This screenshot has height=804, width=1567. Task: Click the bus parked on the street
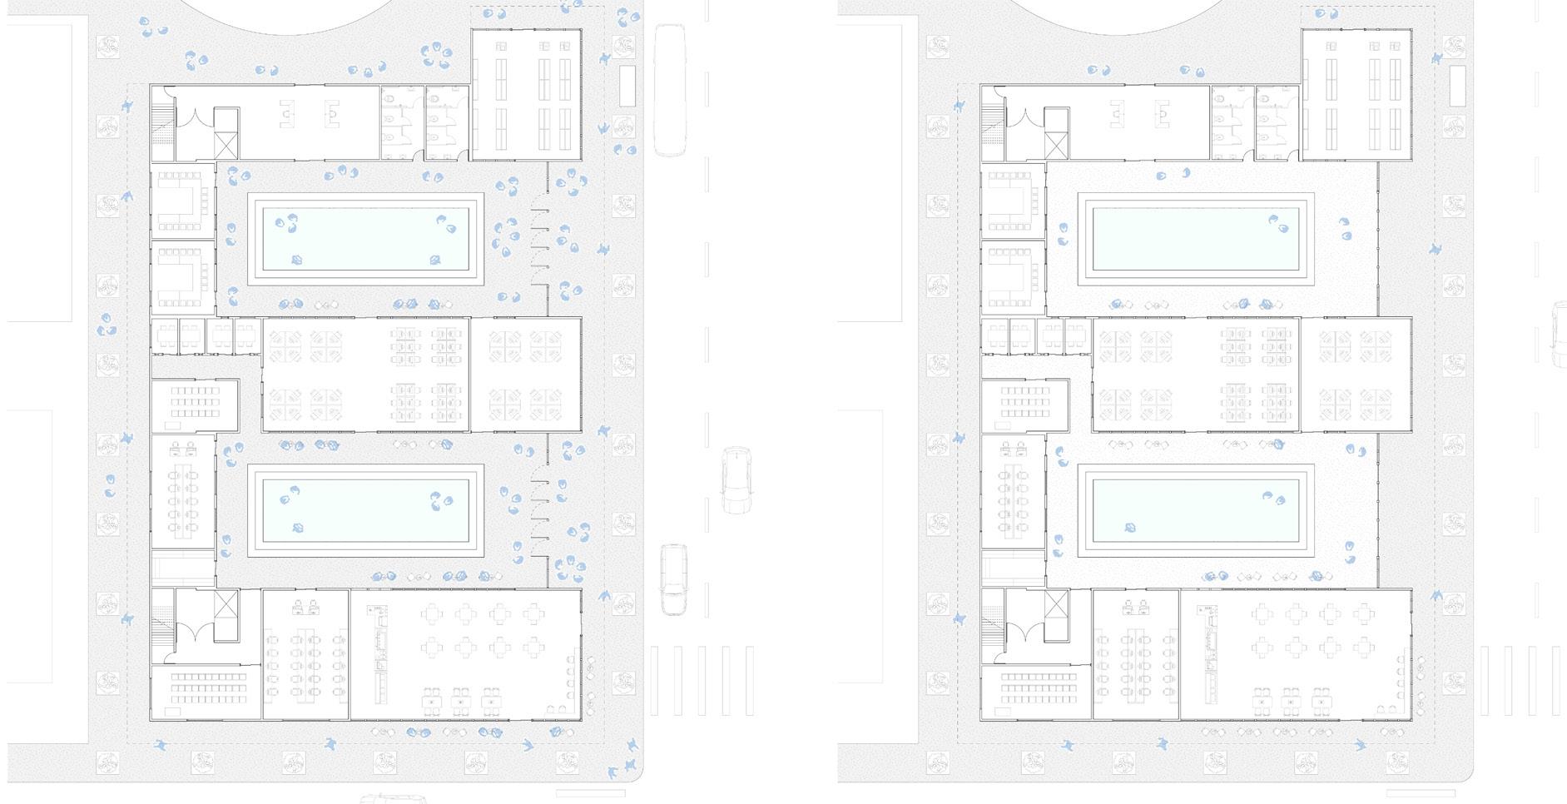pyautogui.click(x=671, y=90)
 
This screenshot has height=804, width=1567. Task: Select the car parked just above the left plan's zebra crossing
pyautogui.click(x=673, y=579)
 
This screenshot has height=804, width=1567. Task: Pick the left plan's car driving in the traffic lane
pyautogui.click(x=736, y=479)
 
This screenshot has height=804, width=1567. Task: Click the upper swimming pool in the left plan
pyautogui.click(x=366, y=240)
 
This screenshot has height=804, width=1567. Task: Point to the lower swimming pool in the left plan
pyautogui.click(x=366, y=510)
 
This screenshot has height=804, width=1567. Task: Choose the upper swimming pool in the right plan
pyautogui.click(x=1196, y=240)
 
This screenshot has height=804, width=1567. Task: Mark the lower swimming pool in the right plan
pyautogui.click(x=1196, y=510)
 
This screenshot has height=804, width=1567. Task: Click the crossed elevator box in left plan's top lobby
pyautogui.click(x=226, y=144)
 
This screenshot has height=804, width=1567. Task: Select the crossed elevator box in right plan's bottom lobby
pyautogui.click(x=1055, y=604)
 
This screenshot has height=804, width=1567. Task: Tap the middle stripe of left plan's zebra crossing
pyautogui.click(x=702, y=680)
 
